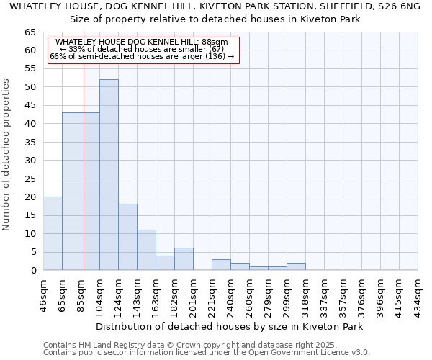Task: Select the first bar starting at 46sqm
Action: point(53,233)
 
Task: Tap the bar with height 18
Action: point(127,237)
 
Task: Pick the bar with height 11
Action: point(146,250)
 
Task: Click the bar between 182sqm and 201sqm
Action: point(184,259)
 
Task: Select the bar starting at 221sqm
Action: point(221,265)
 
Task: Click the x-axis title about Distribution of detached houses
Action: point(229,326)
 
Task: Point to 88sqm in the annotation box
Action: point(214,42)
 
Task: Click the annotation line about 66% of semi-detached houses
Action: point(142,56)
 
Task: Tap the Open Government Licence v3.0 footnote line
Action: point(207,352)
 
